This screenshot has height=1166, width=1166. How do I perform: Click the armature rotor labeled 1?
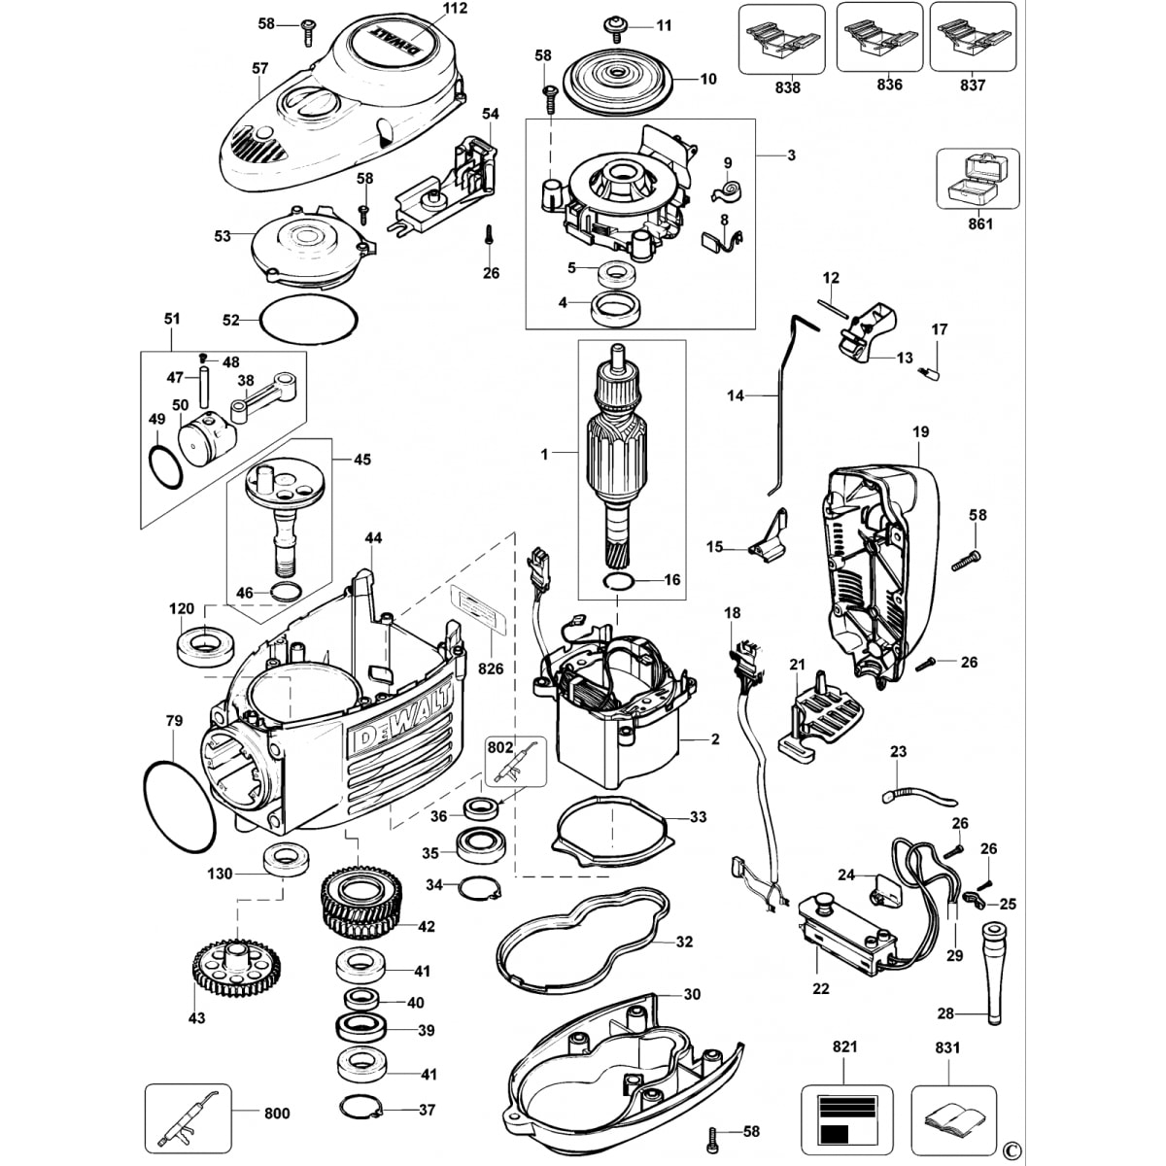click(619, 457)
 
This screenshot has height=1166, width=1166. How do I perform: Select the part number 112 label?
click(455, 9)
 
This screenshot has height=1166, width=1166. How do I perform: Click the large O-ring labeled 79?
click(180, 806)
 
